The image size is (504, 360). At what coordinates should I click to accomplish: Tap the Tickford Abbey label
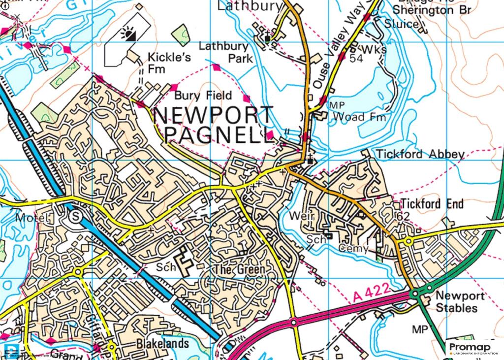420,155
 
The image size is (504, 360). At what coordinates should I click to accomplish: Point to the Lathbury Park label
226,52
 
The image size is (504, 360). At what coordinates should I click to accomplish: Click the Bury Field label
203,95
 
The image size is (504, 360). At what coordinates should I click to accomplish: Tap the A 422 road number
372,295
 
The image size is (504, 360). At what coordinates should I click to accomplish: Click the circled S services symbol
75,216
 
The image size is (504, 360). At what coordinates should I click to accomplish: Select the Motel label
32,217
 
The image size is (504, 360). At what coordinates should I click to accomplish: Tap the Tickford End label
432,203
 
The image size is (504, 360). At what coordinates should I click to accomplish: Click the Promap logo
473,349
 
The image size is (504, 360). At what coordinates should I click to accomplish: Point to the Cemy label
353,249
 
